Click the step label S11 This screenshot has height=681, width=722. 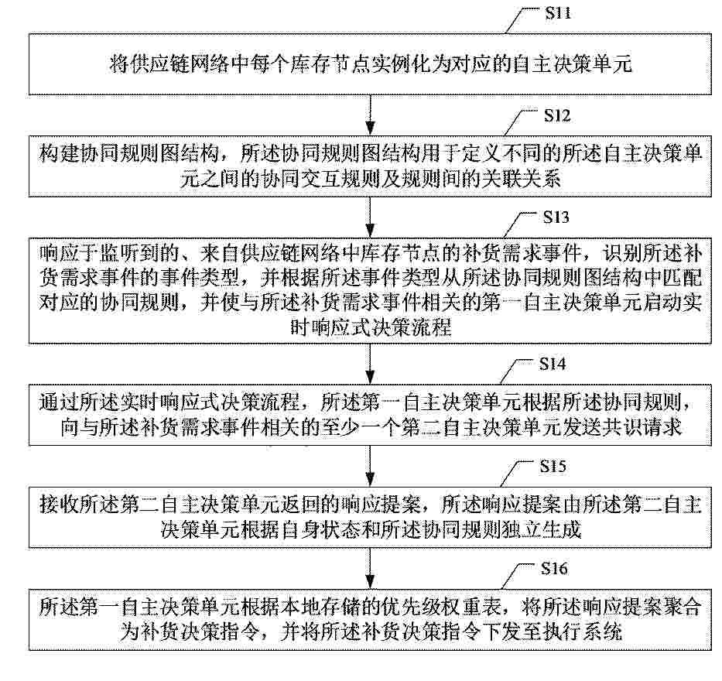pos(558,13)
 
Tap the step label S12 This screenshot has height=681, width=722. pos(557,115)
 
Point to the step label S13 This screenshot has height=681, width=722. pos(556,217)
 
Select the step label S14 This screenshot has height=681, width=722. pos(553,364)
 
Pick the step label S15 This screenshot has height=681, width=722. pos(553,467)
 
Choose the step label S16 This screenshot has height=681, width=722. pos(554,569)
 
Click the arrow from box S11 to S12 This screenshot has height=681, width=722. pos(370,115)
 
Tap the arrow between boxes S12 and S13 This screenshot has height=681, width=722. pos(370,217)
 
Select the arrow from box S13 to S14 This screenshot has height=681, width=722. pos(370,364)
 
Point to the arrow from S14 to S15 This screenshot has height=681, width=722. pos(370,467)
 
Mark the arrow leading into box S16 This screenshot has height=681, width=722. pos(370,569)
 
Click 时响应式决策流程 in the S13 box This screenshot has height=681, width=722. pos(371,327)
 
